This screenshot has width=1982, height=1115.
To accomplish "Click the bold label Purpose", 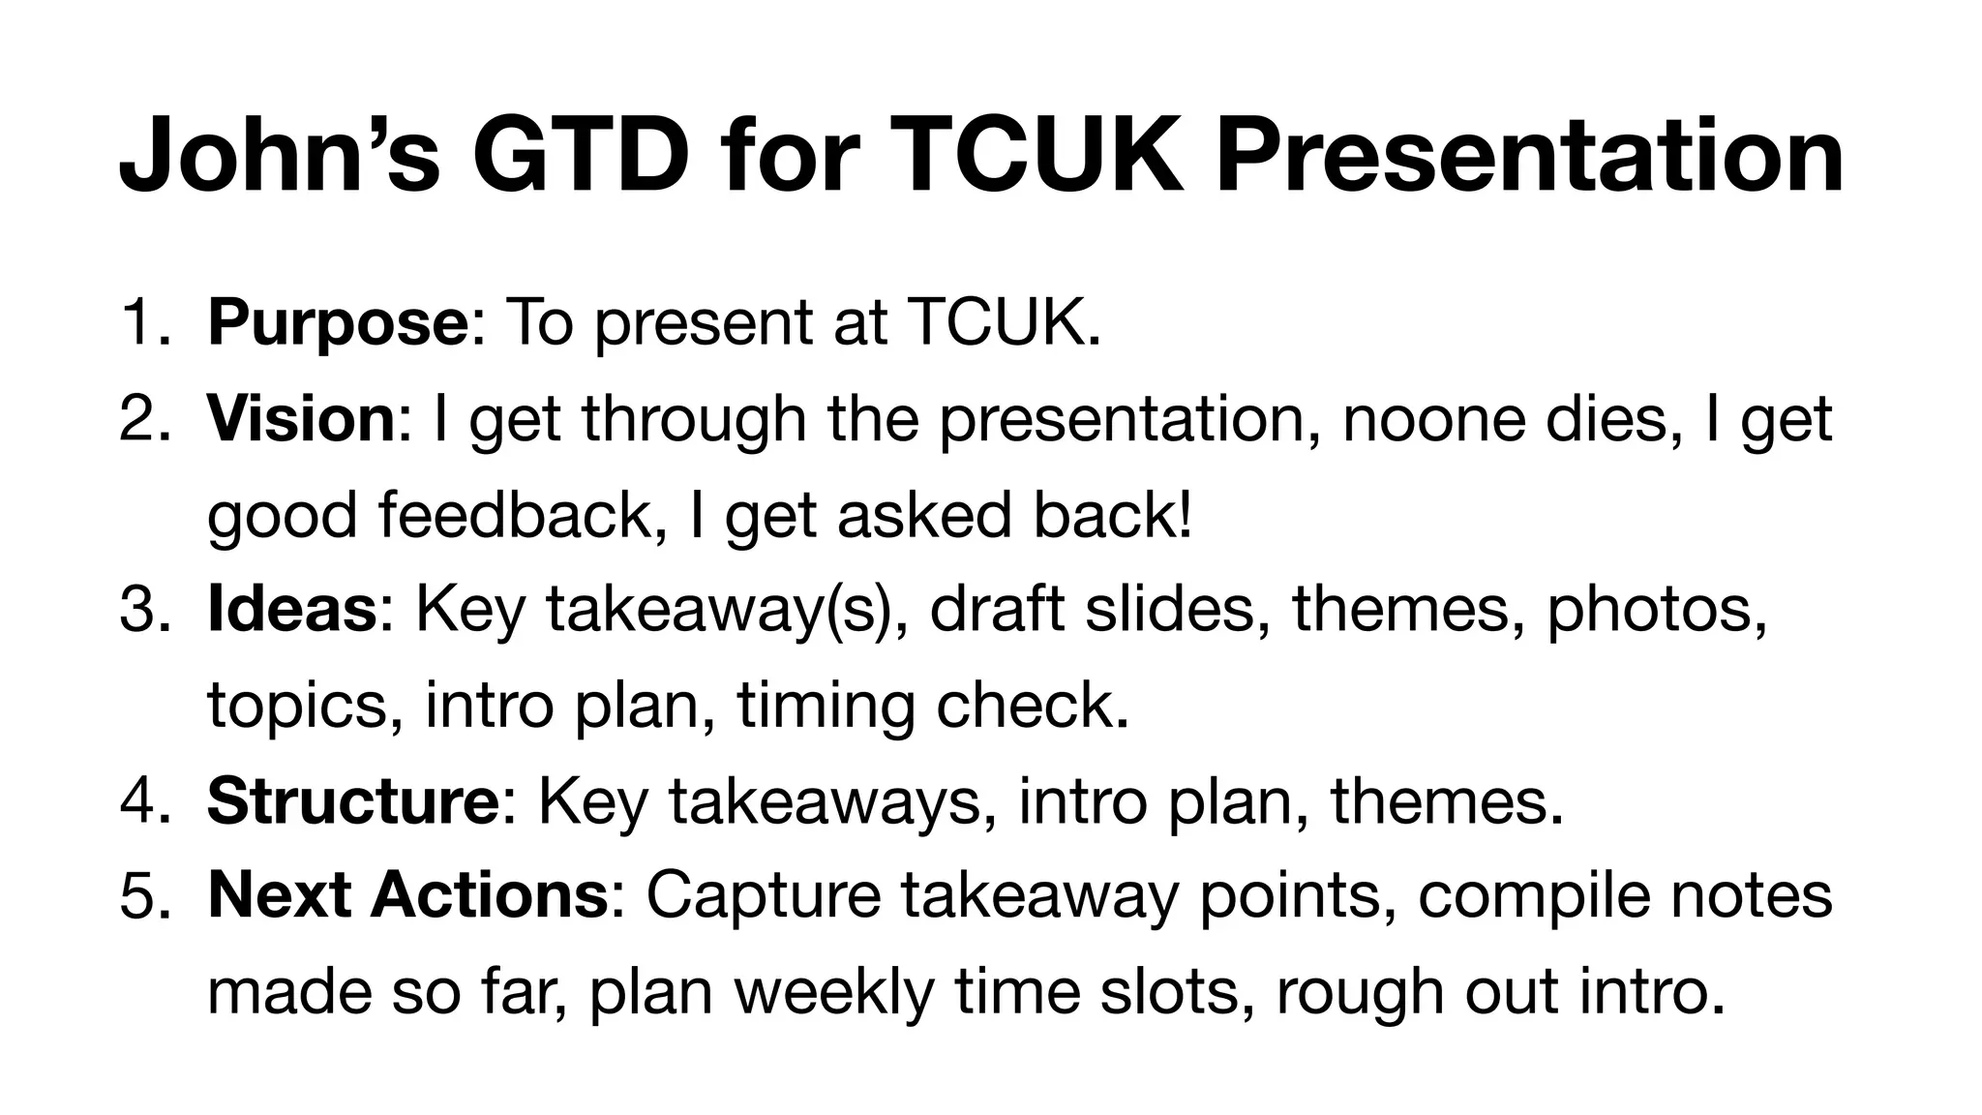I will (x=338, y=324).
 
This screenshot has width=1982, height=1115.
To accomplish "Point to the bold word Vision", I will (x=301, y=419).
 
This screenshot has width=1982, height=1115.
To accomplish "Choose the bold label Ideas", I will (x=291, y=610).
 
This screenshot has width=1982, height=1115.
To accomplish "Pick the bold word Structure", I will (x=352, y=801).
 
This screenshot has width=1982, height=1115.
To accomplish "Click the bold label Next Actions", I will (x=407, y=895).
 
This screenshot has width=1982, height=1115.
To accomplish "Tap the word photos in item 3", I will (x=1655, y=611).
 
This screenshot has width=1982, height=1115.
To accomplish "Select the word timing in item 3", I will (x=826, y=707).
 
